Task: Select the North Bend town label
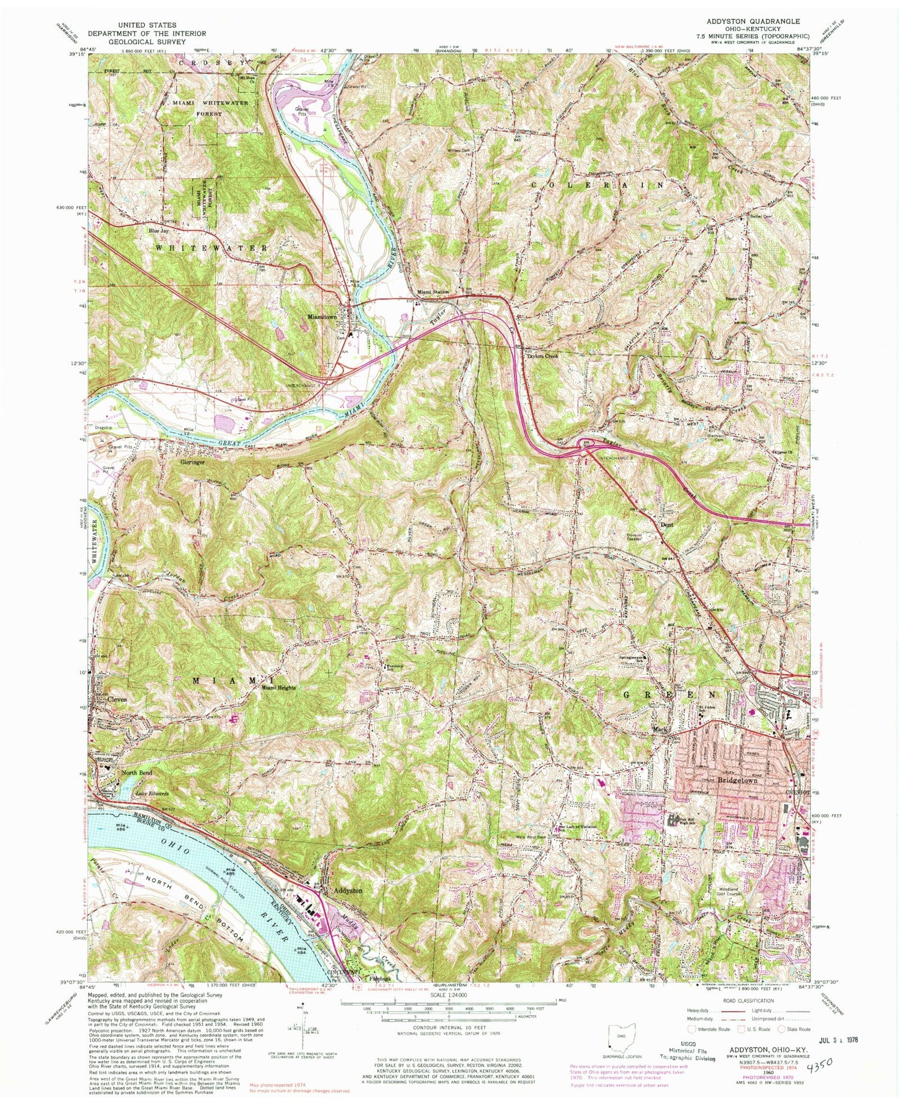coord(137,773)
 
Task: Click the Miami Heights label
coord(278,688)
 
